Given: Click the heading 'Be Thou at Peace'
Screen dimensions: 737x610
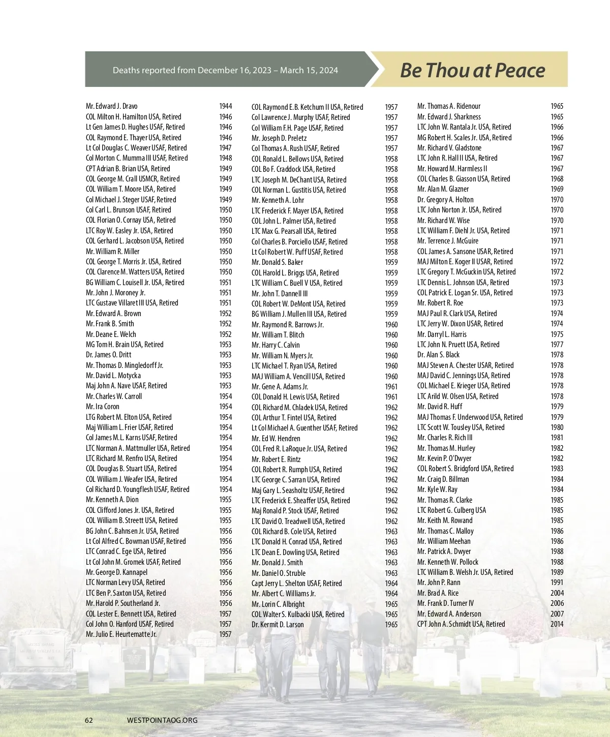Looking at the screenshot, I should [472, 70].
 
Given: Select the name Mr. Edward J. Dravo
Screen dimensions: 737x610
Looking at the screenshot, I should [111, 106].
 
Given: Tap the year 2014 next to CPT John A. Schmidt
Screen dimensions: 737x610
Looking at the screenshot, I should [557, 624].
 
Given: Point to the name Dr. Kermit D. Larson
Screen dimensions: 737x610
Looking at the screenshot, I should [278, 624].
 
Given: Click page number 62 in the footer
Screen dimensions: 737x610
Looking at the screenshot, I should [89, 720].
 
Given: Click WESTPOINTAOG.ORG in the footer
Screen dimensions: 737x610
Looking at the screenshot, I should [162, 720].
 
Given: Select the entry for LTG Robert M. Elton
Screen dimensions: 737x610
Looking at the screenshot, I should [129, 417].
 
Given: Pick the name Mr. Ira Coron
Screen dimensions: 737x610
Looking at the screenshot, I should [103, 407].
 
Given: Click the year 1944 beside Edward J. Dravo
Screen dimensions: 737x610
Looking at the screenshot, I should [225, 106].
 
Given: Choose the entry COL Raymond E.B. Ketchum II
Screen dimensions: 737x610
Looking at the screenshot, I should [307, 107].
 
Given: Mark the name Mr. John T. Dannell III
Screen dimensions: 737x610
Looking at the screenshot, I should [280, 293].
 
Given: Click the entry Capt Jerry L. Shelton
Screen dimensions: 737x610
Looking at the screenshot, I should [296, 583].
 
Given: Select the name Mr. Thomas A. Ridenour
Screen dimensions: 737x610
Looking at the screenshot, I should [449, 106].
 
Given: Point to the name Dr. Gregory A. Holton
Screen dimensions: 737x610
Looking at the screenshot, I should [445, 200].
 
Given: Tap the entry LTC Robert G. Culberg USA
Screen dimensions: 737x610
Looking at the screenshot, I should [451, 510].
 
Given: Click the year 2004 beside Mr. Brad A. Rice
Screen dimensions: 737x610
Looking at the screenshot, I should [557, 593].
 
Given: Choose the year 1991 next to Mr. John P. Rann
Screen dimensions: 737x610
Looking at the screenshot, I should [557, 582].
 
